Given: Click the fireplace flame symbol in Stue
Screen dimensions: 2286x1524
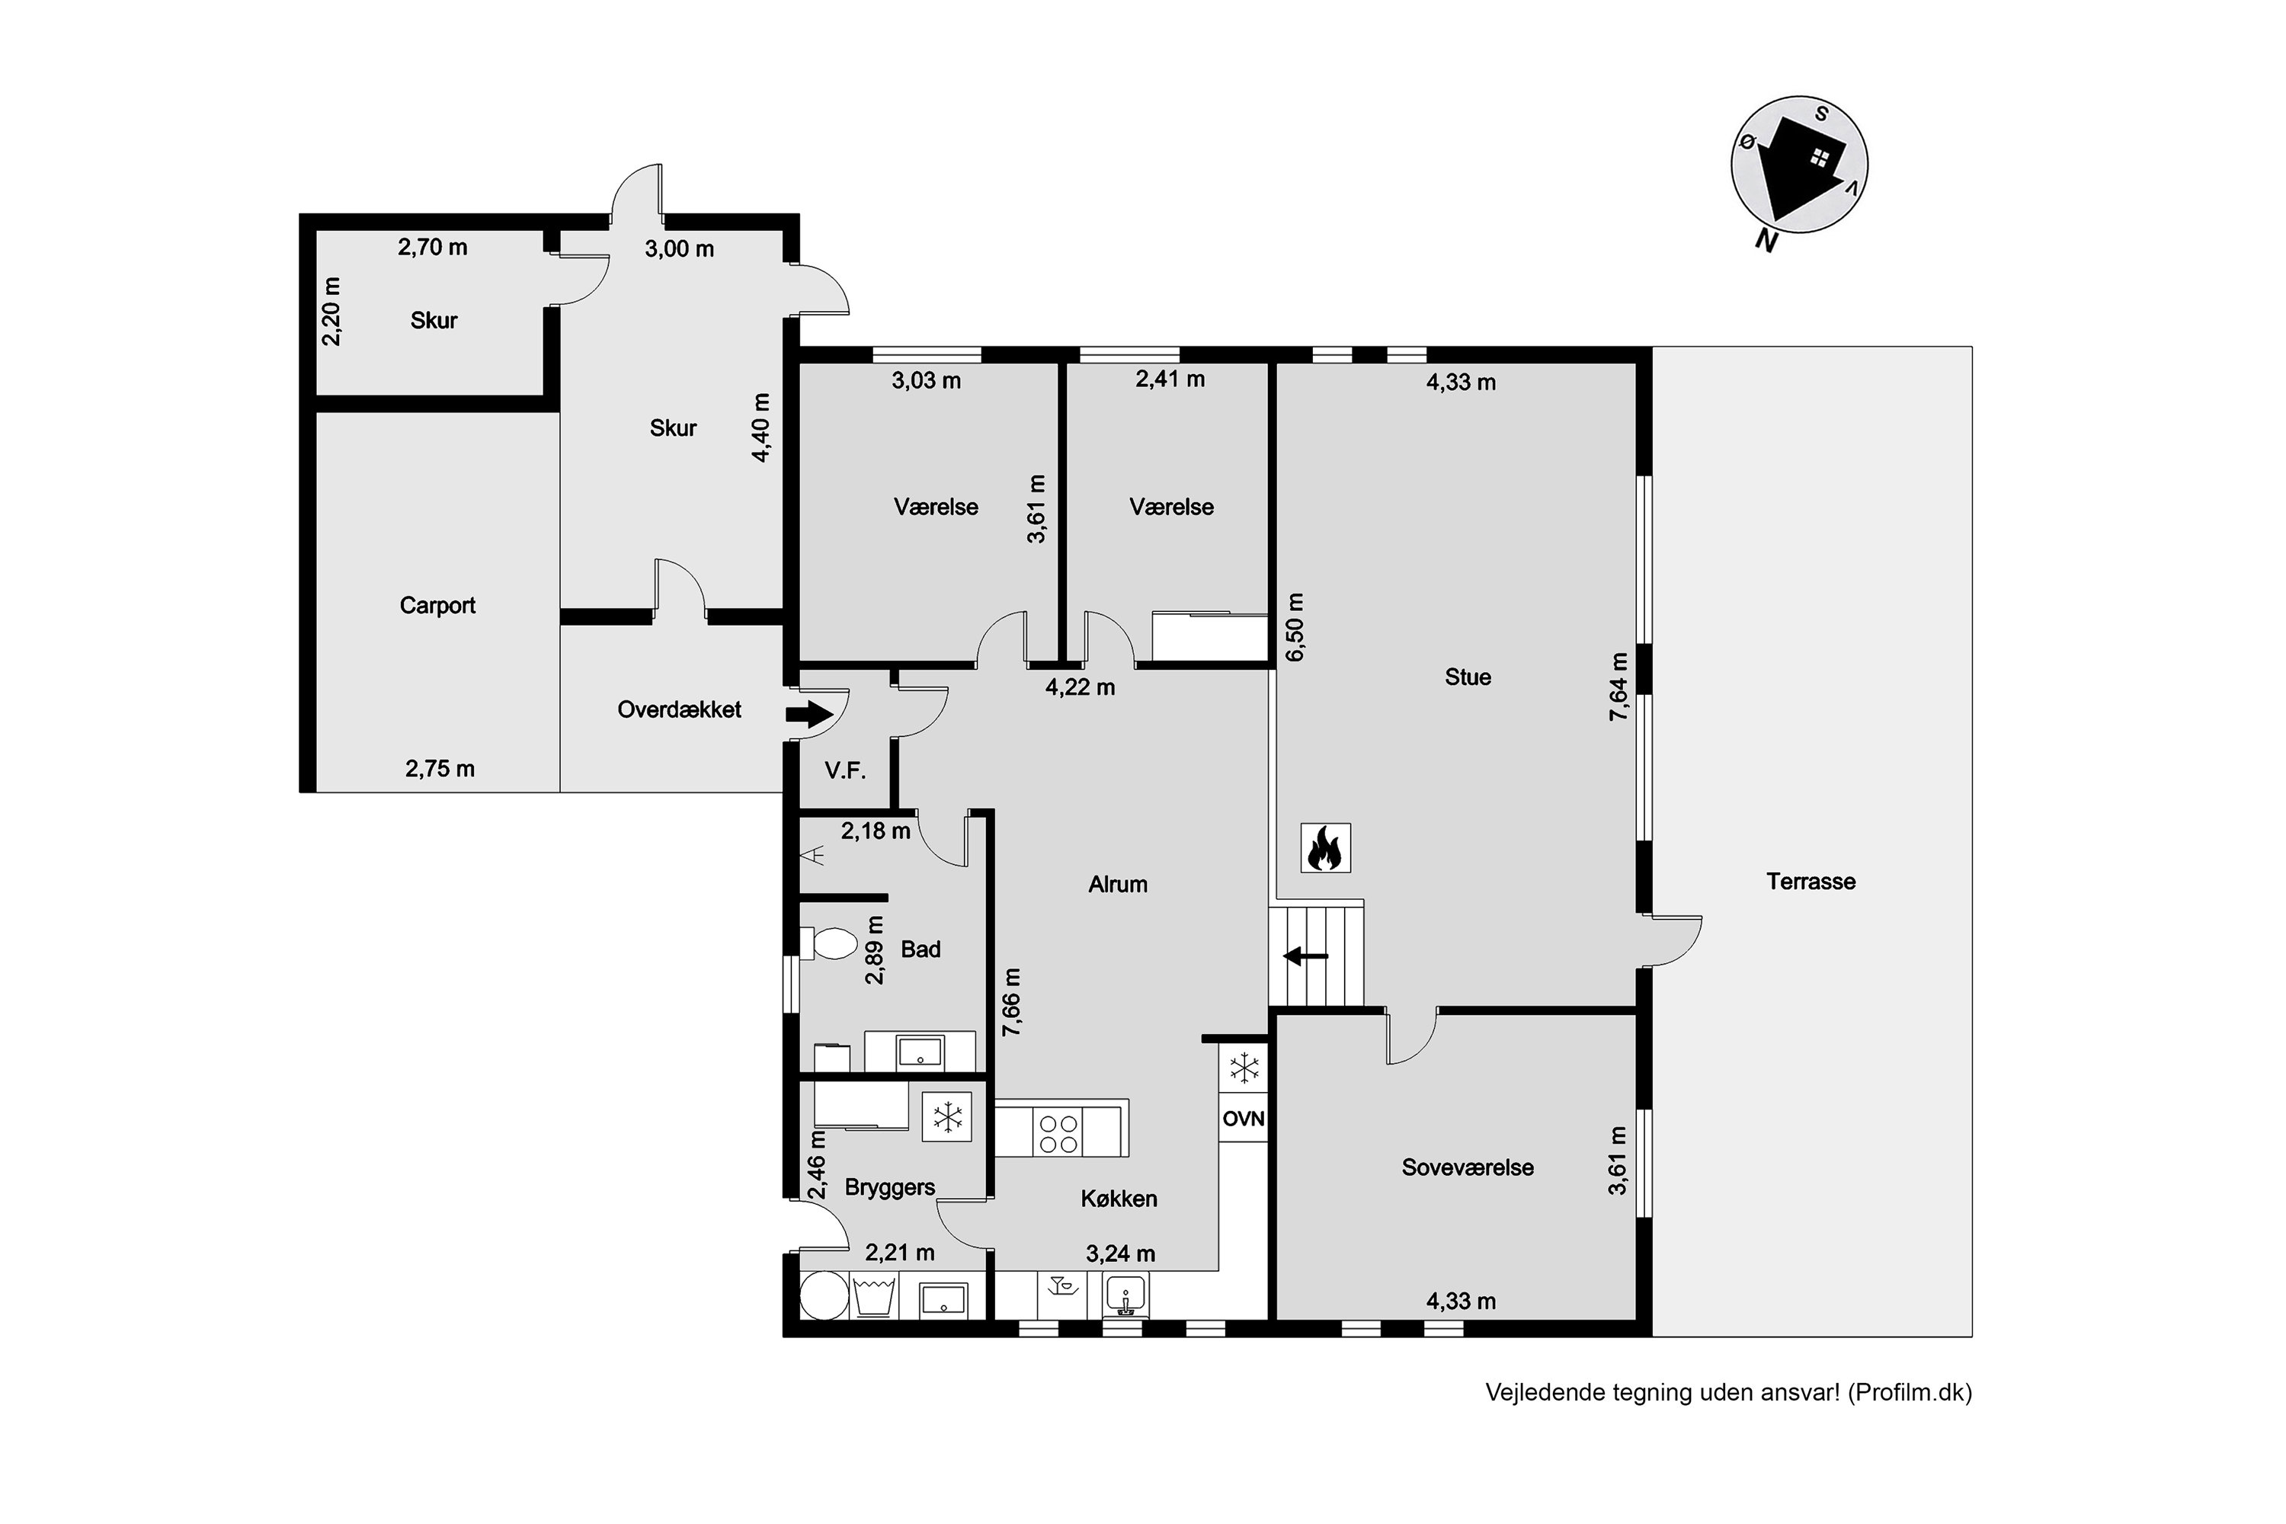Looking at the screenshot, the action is [1325, 847].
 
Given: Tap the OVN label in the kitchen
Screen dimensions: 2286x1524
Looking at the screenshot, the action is [1243, 1119].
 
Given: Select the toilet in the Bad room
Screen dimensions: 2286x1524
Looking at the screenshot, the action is [828, 943].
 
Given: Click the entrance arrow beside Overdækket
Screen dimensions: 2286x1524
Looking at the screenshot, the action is [808, 716].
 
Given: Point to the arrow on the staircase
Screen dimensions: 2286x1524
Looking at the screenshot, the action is [1305, 956].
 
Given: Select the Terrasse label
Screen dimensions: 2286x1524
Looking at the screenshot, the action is [1811, 882].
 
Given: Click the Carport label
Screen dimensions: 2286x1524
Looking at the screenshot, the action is [437, 606].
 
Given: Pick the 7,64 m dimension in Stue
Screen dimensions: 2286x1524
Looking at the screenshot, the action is [1618, 687].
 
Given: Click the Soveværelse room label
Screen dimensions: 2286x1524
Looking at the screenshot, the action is [1468, 1167].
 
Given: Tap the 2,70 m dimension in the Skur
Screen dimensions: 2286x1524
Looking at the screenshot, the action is [433, 248].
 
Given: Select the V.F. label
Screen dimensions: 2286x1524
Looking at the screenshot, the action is [844, 770].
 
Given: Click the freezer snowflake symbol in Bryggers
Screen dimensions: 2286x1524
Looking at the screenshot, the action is [946, 1117].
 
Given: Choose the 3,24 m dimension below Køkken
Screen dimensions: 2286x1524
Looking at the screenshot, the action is [1121, 1253].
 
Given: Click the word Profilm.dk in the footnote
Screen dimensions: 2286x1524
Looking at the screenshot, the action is [1910, 1393].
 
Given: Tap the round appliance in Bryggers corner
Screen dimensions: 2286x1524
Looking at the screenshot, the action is [824, 1295].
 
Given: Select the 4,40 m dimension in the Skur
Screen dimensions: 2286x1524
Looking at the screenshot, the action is [761, 427].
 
